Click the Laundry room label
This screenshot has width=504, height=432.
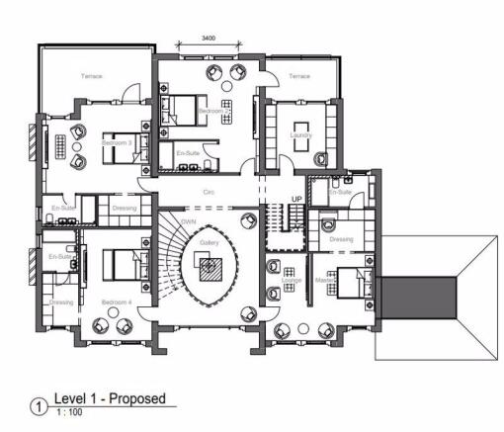pos(300,135)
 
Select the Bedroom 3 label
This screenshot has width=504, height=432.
pos(116,144)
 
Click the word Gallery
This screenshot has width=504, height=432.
pos(209,242)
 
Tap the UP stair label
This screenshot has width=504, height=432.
pos(295,200)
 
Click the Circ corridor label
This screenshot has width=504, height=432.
pos(209,191)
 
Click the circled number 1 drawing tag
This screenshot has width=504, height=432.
pos(40,404)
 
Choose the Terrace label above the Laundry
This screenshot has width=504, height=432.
pos(298,76)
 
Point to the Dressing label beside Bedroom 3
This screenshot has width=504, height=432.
pos(125,209)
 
